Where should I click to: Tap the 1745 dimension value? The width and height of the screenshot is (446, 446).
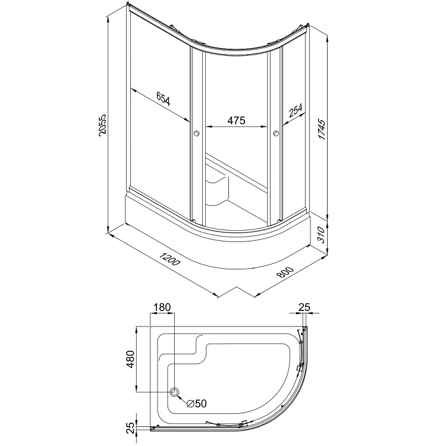pos(321,130)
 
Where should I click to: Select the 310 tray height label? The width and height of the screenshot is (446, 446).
pos(321,235)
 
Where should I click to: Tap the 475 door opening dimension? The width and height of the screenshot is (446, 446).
pos(236,120)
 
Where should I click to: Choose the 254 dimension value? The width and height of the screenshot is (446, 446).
pos(296,110)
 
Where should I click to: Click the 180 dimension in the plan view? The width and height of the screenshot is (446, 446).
pos(162,307)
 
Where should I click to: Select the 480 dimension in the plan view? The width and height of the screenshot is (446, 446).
pos(131,359)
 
